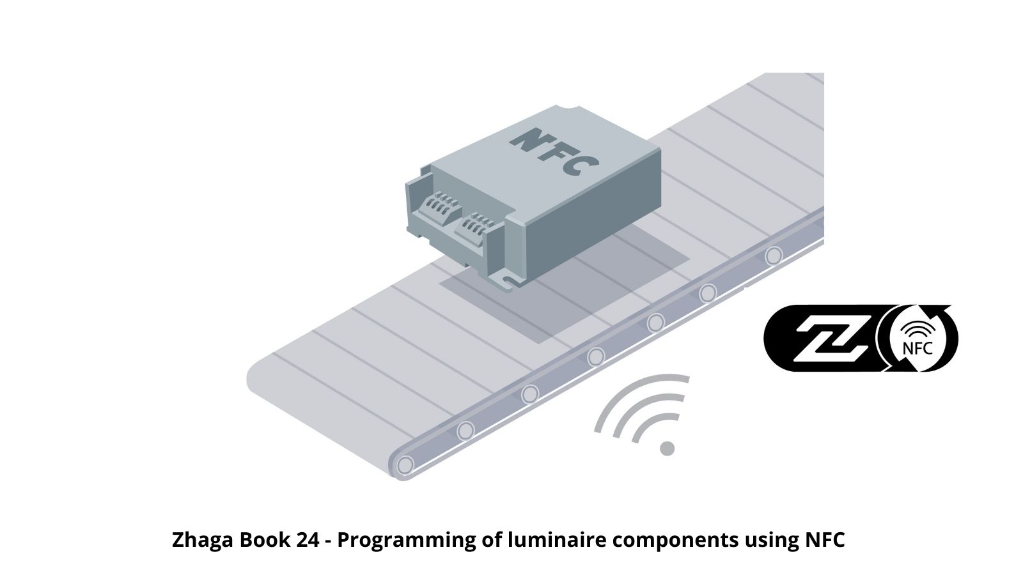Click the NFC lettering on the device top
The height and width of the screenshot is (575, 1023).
point(554,151)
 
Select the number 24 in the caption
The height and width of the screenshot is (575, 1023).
point(308,540)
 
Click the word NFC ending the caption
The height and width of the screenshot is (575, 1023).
point(825,540)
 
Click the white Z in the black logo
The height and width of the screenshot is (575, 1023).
point(831,339)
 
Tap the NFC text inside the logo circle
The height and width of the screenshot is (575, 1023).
point(918,349)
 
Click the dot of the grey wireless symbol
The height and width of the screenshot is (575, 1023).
point(668,448)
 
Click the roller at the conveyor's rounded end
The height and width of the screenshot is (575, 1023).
point(405,466)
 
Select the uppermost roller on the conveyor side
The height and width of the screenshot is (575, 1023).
point(774,256)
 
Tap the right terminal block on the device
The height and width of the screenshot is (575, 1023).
point(475,227)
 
